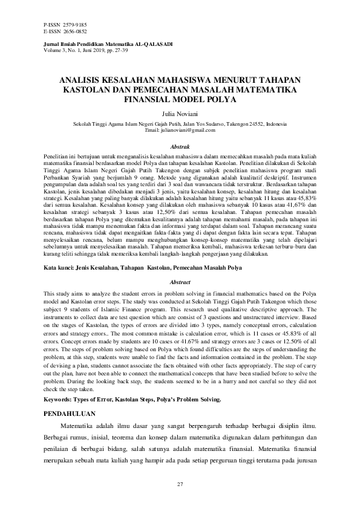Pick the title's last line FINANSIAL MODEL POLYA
click(x=180, y=98)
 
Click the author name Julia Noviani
click(x=180, y=112)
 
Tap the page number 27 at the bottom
click(x=180, y=485)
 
